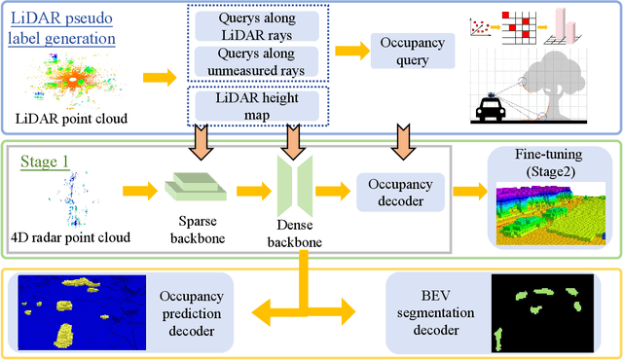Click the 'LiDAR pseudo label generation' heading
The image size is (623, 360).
pos(65,28)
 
